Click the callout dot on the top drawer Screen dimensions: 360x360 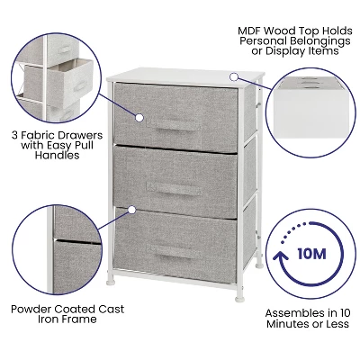tap(141, 116)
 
